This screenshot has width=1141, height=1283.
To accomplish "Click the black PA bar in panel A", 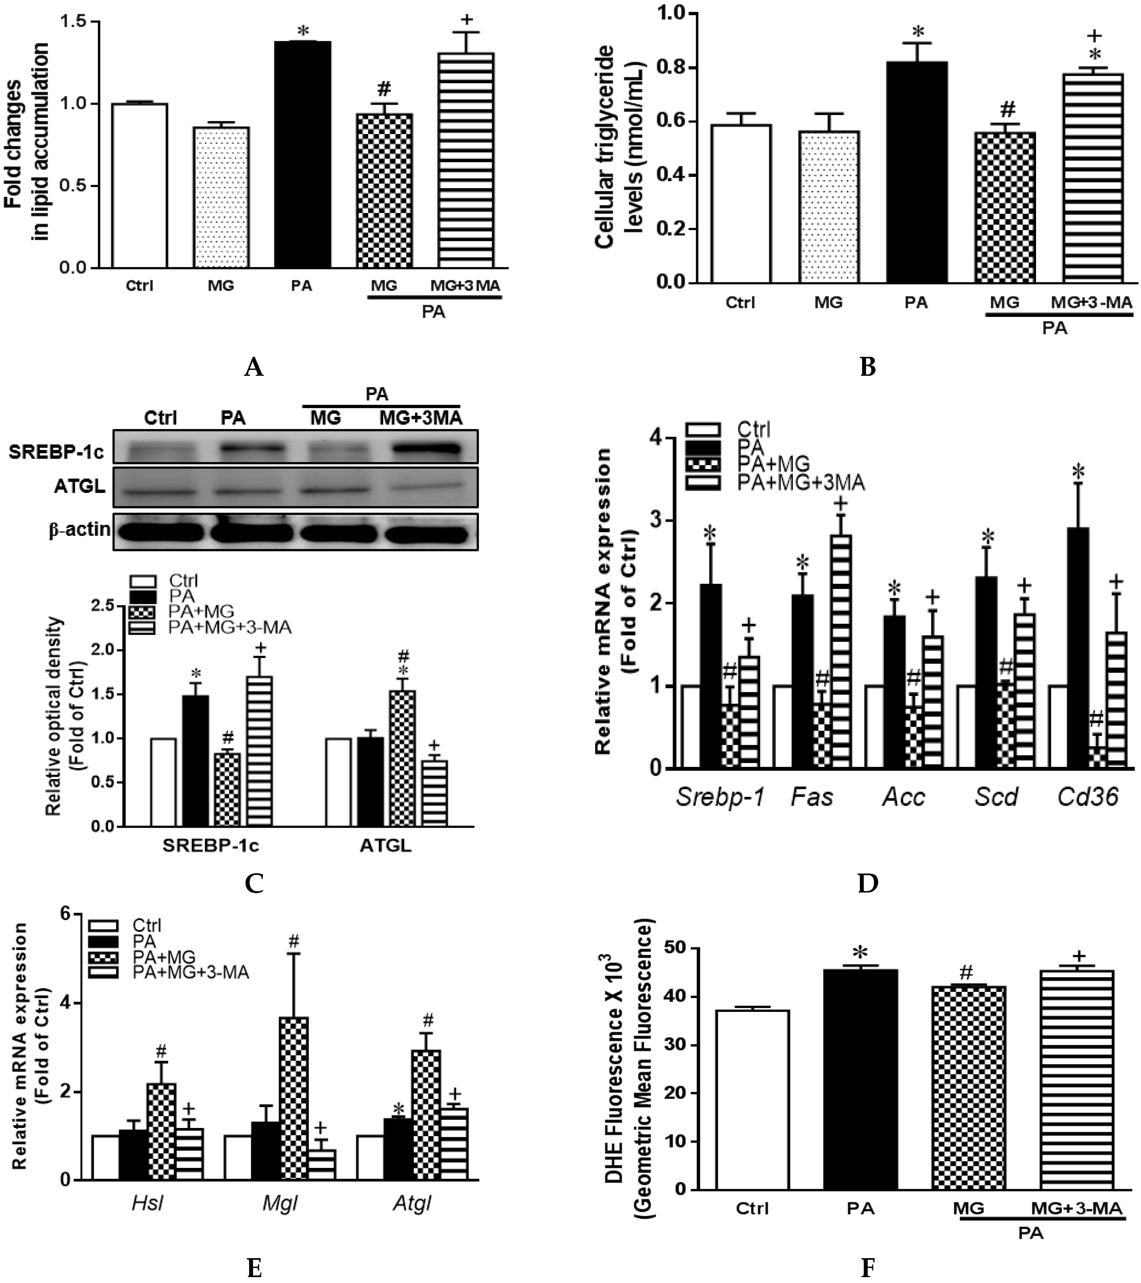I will (302, 154).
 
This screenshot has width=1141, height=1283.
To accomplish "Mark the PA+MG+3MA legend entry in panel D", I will (800, 482).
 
